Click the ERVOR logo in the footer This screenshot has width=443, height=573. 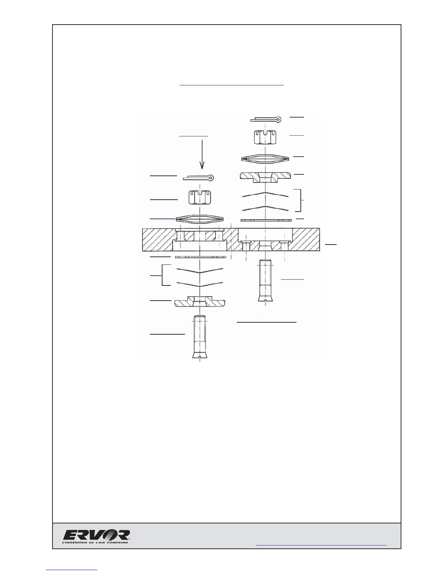click(97, 535)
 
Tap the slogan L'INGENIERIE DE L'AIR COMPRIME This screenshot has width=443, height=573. click(96, 542)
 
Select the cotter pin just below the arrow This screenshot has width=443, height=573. click(199, 178)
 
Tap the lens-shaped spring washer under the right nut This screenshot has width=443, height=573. click(266, 158)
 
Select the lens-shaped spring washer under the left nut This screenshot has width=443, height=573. click(200, 219)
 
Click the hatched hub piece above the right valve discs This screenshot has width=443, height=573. click(266, 177)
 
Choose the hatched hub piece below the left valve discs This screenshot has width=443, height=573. click(200, 302)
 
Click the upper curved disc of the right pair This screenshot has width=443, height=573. click(265, 194)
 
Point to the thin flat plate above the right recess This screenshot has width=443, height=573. click(266, 220)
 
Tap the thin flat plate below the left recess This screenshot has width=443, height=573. click(200, 257)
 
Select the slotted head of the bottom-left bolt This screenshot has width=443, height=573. click(199, 356)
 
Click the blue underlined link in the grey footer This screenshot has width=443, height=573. click(321, 545)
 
